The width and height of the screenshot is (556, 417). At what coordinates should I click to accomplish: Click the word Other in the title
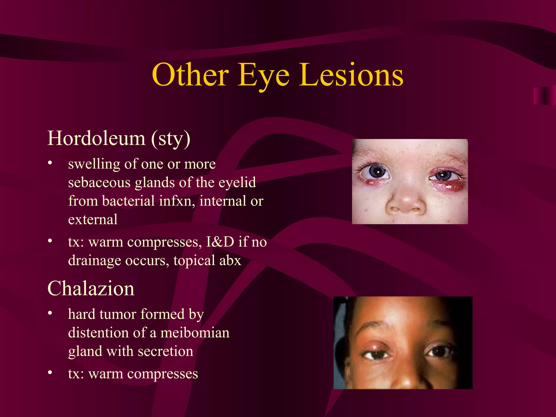tap(190, 75)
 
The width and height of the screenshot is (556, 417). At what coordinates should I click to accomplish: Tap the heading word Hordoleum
tap(96, 138)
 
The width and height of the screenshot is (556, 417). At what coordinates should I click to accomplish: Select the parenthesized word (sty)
tap(171, 139)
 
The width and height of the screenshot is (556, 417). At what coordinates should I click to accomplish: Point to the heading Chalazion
tap(91, 289)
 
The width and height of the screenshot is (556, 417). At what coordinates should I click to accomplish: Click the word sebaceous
tap(99, 182)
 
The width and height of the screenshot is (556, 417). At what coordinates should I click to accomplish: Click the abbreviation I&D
tap(220, 242)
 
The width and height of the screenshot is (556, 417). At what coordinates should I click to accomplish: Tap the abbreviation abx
tap(230, 260)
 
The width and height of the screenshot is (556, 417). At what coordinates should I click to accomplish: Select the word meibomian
tap(195, 333)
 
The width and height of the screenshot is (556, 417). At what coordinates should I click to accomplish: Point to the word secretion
tap(166, 351)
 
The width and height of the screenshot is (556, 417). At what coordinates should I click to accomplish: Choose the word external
tap(93, 220)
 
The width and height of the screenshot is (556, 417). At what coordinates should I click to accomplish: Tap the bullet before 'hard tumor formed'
tap(50, 313)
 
